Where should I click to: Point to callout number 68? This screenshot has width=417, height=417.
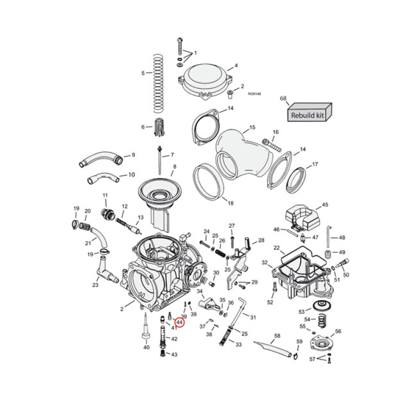pyautogui.click(x=283, y=98)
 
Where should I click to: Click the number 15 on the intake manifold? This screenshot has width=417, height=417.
pyautogui.click(x=252, y=127)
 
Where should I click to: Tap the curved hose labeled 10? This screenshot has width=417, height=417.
pyautogui.click(x=103, y=178)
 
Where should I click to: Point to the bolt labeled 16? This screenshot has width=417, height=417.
pyautogui.click(x=271, y=141)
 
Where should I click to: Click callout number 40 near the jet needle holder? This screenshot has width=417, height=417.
pyautogui.click(x=146, y=348)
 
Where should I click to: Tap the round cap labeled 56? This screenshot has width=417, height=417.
pyautogui.click(x=322, y=343)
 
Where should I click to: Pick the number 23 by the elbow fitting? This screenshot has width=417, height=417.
pyautogui.click(x=95, y=285)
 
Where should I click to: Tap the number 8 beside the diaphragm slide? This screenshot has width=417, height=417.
pyautogui.click(x=175, y=166)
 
